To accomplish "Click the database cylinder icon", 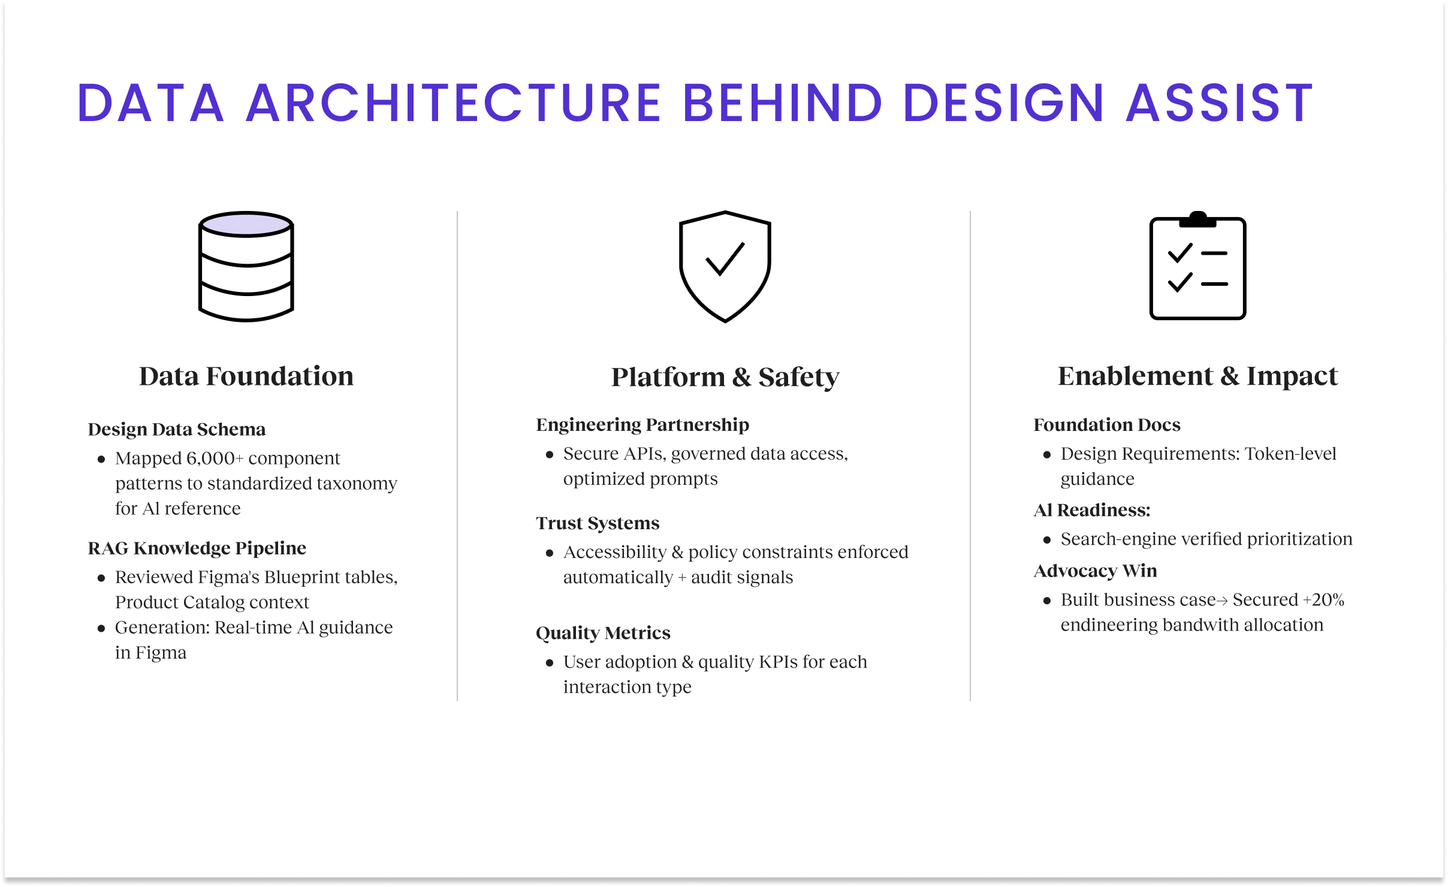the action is point(246,266).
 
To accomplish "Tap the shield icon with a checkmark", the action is point(725,266).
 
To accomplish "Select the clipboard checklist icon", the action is point(1197,265).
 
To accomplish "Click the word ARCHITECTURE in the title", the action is point(454,102).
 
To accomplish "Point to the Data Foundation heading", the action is point(246,376).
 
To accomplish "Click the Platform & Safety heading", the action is point(725,377).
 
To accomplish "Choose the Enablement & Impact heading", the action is point(1197,376).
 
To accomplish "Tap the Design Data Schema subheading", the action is point(177,429).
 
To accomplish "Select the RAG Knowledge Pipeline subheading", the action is point(197,548).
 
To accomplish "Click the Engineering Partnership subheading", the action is point(642,424).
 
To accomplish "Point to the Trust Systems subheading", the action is point(598,523).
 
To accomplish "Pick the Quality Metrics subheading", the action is point(603,633).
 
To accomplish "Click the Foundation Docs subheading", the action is point(1107,424).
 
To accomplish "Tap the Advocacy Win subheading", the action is point(1096,571).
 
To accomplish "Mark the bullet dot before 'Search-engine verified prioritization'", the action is point(1047,540).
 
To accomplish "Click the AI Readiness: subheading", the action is point(1092,510).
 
